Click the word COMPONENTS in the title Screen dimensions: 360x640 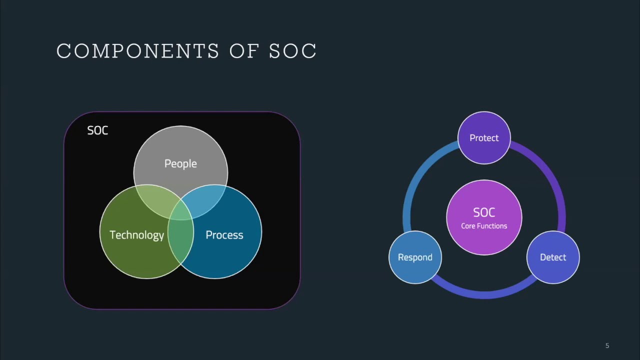click(137, 51)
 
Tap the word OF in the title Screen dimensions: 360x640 click(244, 51)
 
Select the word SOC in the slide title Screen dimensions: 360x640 click(293, 51)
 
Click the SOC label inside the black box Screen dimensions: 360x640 click(97, 130)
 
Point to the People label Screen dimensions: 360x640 click(180, 163)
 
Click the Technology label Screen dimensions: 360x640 click(136, 235)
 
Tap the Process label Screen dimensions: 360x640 click(224, 235)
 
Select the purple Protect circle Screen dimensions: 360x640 click(484, 138)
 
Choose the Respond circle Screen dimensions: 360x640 click(415, 257)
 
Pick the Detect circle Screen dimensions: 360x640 click(553, 257)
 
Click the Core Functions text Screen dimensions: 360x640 click(484, 226)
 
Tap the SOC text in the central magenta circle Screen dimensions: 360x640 click(484, 212)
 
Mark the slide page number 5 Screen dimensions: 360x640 click(607, 345)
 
